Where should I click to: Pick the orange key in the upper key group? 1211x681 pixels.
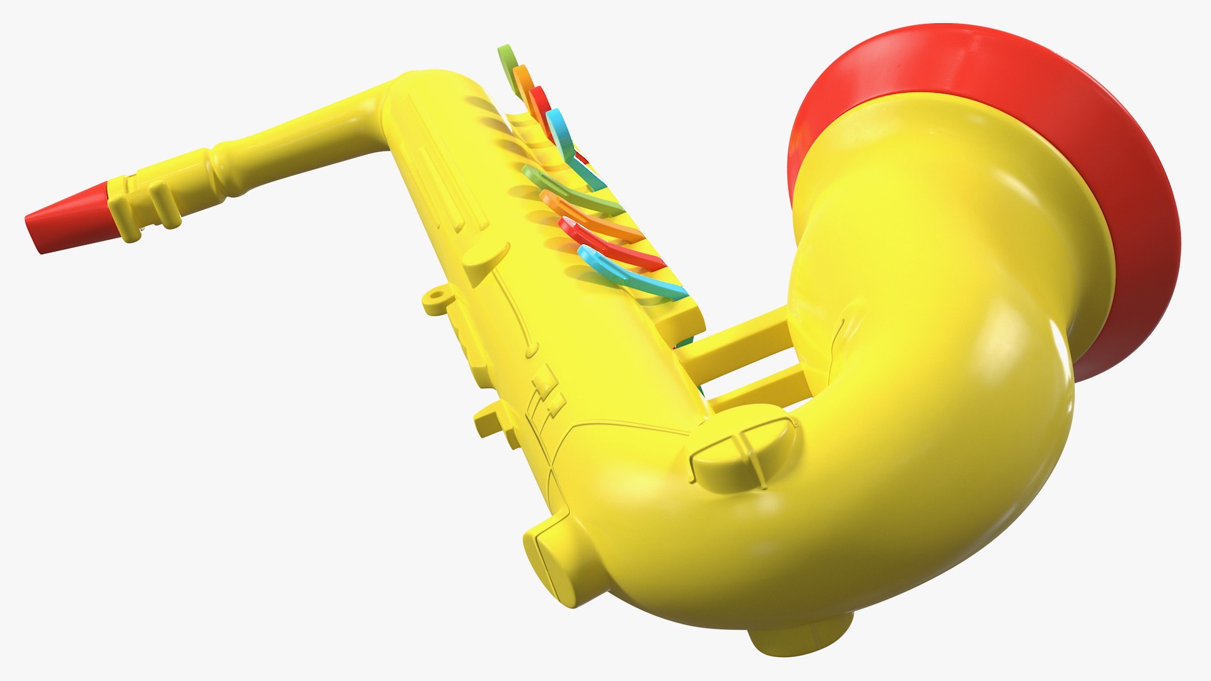(x=523, y=82)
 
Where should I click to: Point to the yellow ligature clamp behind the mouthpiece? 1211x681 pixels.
(x=145, y=202)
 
